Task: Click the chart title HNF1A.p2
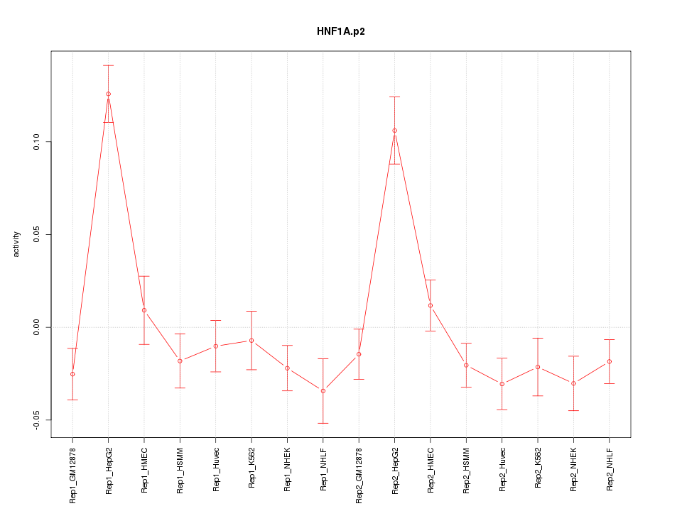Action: pos(340,32)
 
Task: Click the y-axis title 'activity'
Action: pos(17,244)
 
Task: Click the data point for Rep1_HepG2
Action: pos(108,94)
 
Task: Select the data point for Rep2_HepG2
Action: pos(394,131)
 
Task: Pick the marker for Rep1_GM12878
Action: pos(72,374)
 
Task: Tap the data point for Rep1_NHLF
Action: pos(323,391)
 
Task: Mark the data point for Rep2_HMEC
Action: pos(430,305)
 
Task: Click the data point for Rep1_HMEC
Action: pos(144,310)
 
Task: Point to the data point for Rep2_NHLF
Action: pos(609,362)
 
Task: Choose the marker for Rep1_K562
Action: pos(251,341)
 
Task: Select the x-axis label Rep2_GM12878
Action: pos(359,474)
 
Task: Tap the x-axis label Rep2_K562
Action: pos(537,471)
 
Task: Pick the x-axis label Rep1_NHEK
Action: pos(287,470)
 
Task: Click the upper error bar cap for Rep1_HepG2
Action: pos(108,65)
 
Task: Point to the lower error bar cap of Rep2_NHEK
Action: pos(573,410)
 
